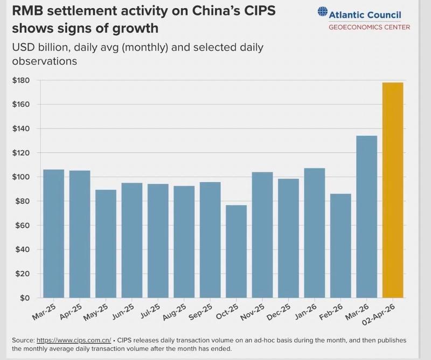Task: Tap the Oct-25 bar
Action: tap(236, 251)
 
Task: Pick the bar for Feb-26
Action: tap(340, 246)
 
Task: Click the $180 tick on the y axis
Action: tap(22, 80)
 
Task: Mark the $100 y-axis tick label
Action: tap(22, 177)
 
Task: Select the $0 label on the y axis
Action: tap(25, 298)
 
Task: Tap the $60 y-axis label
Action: tap(23, 226)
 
